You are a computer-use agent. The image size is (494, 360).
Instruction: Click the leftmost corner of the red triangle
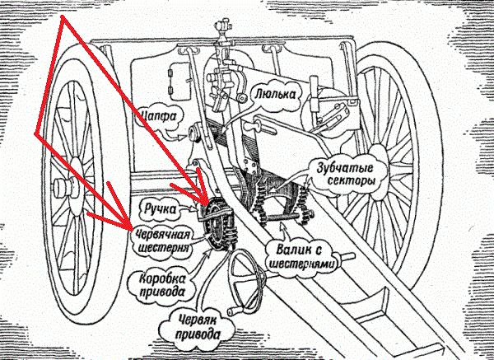click(35, 132)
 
